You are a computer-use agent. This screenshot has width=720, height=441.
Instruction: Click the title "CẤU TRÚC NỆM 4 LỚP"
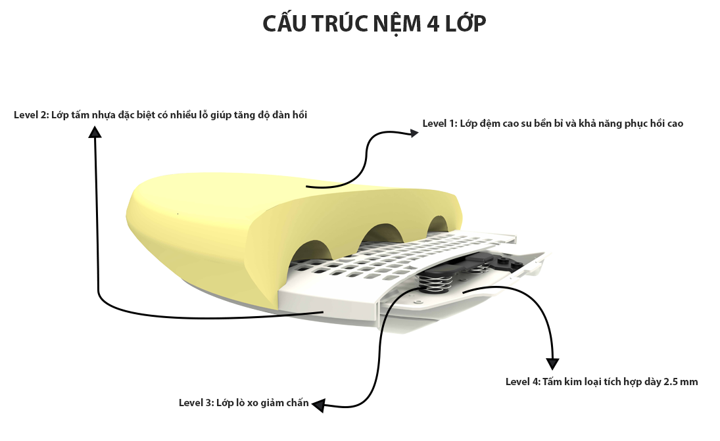[x=374, y=22]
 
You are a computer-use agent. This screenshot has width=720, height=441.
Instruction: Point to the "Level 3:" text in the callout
[x=196, y=403]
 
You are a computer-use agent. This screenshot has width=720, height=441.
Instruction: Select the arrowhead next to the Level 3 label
[x=318, y=406]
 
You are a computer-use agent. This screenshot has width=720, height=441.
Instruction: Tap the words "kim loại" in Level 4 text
[x=585, y=382]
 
